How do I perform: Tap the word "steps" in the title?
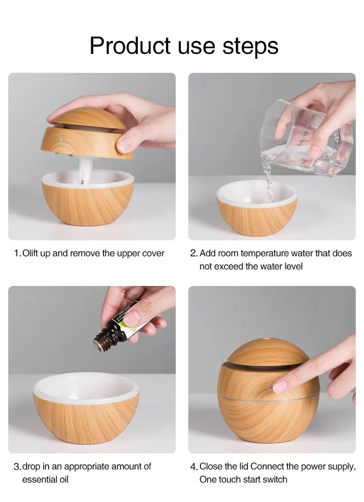point(250,46)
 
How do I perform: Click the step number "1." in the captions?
point(17,253)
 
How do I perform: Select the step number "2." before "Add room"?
point(194,253)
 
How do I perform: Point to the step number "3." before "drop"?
point(17,467)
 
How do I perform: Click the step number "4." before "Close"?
point(194,467)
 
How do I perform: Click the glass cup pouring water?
point(306,138)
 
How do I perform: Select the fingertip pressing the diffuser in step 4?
point(280,386)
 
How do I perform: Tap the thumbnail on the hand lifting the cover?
point(125,144)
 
